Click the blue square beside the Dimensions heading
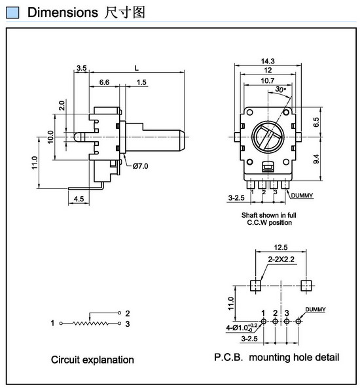tap(12, 12)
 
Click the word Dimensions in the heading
tap(63, 12)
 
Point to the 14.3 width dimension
tap(268, 61)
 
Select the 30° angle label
tap(281, 90)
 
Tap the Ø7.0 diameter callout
tap(140, 166)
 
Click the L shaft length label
tap(136, 68)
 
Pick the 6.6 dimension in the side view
tap(104, 82)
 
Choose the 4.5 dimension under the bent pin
tap(79, 199)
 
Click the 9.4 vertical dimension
tap(316, 159)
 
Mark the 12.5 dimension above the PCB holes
tap(281, 247)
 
